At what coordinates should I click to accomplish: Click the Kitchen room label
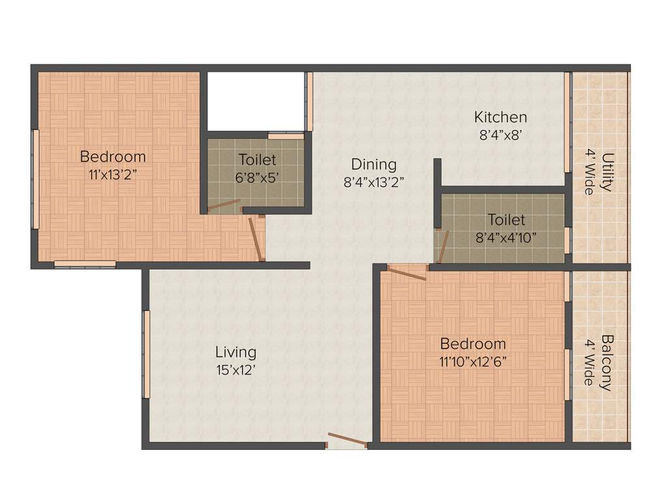(500, 118)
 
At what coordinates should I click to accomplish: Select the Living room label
(236, 352)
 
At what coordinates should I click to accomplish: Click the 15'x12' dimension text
(236, 369)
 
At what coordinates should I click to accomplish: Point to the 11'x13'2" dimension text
(113, 174)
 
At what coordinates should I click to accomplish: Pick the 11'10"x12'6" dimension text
(473, 361)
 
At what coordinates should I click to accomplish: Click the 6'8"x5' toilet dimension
(257, 176)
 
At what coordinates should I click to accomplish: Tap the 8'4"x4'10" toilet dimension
(507, 238)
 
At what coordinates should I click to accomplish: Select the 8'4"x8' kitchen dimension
(500, 135)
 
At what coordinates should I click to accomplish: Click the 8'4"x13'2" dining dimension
(374, 182)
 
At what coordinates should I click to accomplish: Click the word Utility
(607, 172)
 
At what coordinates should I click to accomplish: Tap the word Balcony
(606, 362)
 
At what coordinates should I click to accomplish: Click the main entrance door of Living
(347, 441)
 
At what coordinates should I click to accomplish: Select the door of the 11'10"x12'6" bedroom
(407, 272)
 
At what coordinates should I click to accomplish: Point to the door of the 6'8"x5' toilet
(224, 206)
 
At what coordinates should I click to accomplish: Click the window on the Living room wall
(146, 354)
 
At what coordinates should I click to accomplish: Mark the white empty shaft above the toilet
(256, 101)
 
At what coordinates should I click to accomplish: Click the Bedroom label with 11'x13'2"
(113, 157)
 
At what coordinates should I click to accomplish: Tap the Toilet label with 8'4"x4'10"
(507, 220)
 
